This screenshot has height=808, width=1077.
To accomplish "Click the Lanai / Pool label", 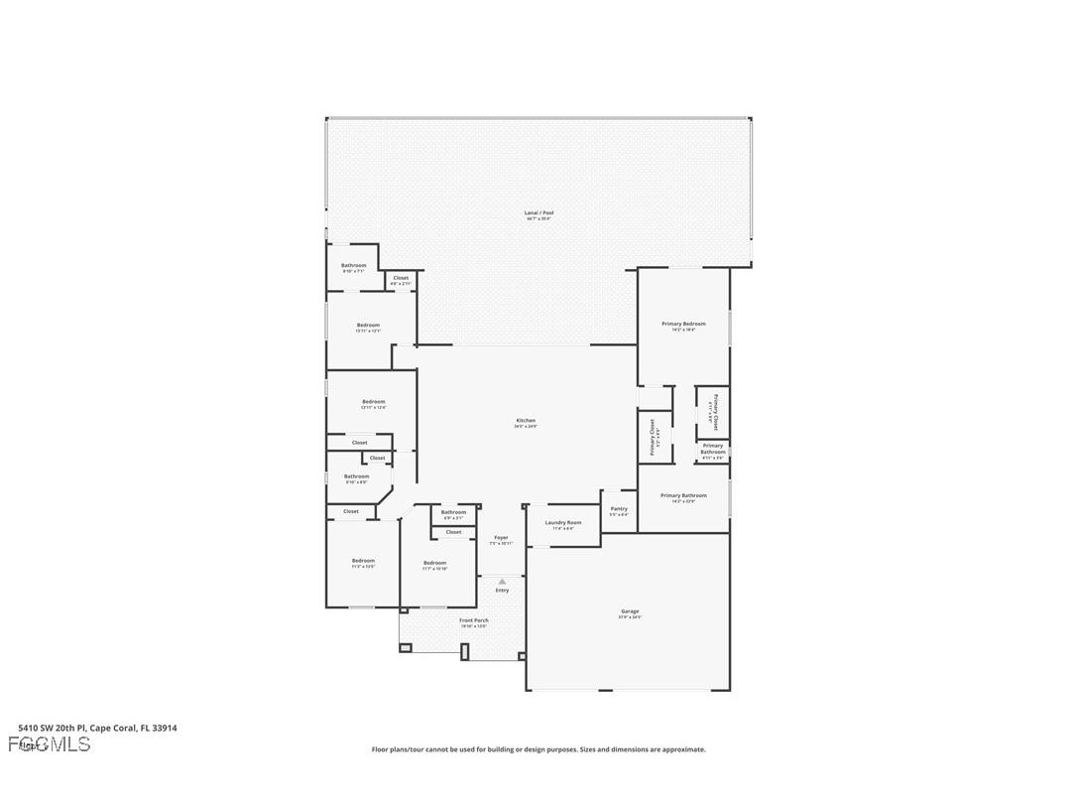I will (x=538, y=212).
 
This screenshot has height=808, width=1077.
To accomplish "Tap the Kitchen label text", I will (x=526, y=420).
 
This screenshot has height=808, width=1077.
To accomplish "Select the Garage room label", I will (x=630, y=611).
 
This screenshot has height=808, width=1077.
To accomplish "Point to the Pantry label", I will (x=619, y=508).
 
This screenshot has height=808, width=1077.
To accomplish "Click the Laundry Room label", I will (x=562, y=522).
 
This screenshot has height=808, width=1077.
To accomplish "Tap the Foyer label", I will (x=501, y=537).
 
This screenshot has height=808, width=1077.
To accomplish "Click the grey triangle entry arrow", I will (x=502, y=582).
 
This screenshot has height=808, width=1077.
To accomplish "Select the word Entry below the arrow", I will (x=502, y=591).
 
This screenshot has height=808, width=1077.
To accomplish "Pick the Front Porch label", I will (x=473, y=620).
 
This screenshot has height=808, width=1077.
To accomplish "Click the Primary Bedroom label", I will (x=683, y=324).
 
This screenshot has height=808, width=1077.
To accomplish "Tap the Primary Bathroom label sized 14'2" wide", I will (x=683, y=495).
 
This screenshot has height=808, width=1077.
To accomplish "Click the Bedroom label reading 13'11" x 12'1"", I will (x=368, y=325).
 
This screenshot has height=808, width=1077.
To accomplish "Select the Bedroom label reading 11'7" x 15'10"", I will (x=434, y=563).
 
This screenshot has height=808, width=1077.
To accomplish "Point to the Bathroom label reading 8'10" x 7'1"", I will (x=354, y=265).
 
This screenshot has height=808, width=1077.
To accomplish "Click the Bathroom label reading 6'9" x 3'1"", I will (x=453, y=512).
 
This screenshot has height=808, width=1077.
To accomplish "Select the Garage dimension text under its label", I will (x=630, y=617).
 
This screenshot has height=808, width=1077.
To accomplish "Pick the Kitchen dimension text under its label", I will (x=526, y=426).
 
